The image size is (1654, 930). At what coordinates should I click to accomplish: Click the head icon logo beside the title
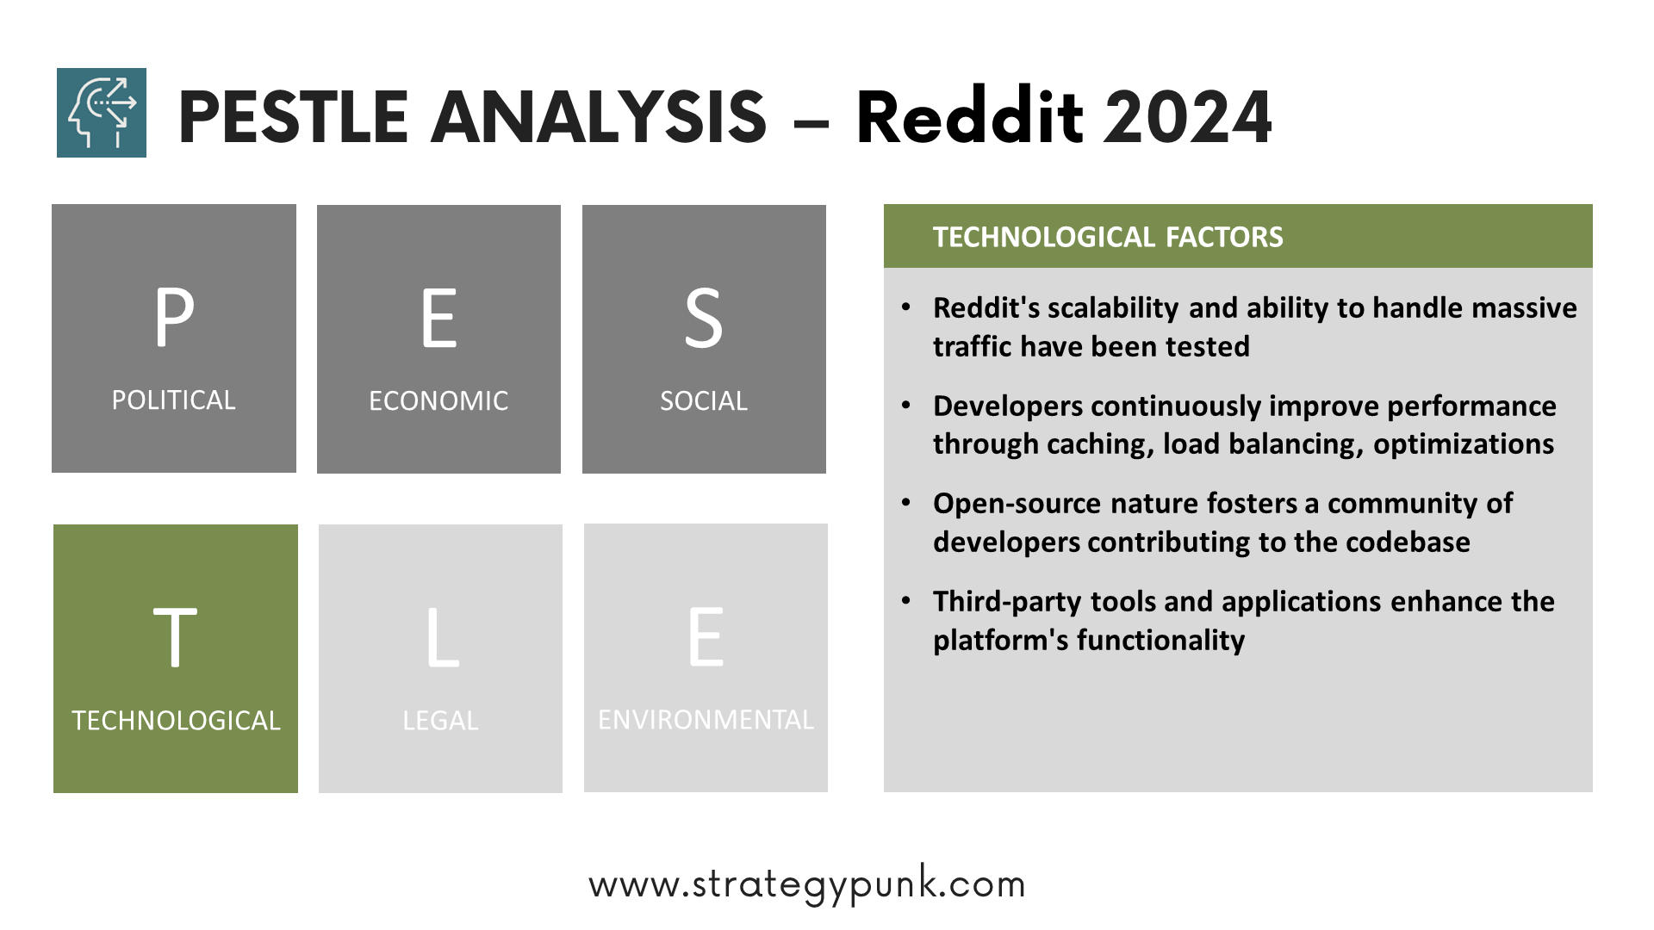point(102,113)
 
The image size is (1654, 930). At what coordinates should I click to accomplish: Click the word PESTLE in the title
point(293,117)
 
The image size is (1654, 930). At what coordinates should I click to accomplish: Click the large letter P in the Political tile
point(174,317)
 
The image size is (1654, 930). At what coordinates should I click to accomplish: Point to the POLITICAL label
point(173,400)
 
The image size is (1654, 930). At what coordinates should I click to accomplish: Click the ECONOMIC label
point(438,401)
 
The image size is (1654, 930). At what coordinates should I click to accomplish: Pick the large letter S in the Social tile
point(703,318)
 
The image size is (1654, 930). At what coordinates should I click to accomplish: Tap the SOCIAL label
point(704,401)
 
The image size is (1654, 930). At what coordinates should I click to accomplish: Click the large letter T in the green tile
point(175,637)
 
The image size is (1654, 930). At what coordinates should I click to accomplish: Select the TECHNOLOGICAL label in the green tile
point(176,721)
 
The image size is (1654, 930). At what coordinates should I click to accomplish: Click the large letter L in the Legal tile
point(443,637)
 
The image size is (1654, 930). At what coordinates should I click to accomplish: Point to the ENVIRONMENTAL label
point(706,720)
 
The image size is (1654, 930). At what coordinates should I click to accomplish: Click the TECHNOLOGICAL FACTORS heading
point(1108,237)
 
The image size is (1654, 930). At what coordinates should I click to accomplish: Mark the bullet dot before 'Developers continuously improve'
point(905,405)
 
